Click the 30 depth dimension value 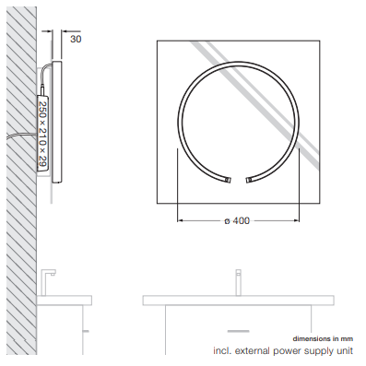pyautogui.click(x=76, y=39)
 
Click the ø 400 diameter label pyautogui.click(x=237, y=220)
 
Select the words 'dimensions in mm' pyautogui.click(x=323, y=339)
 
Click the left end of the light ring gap pyautogui.click(x=228, y=180)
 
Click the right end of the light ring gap pyautogui.click(x=248, y=180)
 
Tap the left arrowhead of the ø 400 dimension pyautogui.click(x=180, y=220)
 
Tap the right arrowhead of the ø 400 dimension pyautogui.click(x=297, y=220)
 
